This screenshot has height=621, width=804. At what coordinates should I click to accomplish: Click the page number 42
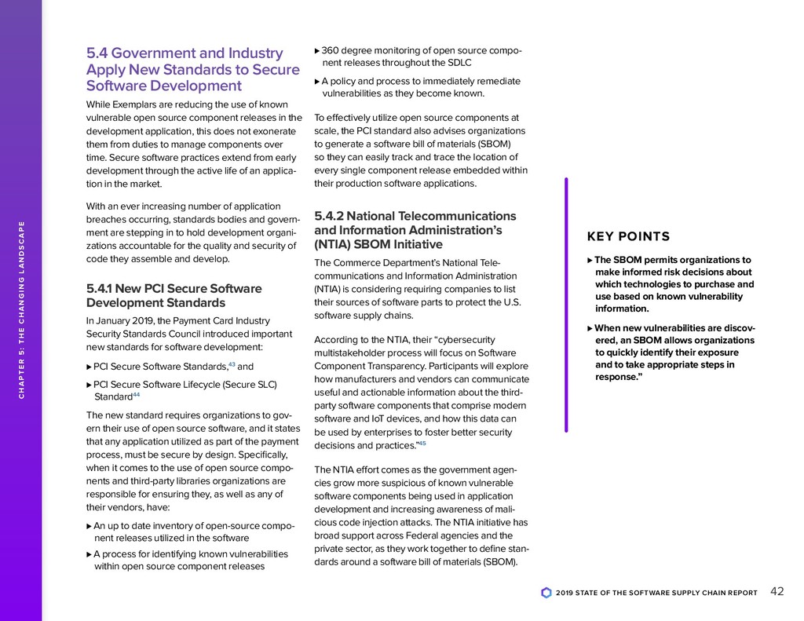pyautogui.click(x=777, y=592)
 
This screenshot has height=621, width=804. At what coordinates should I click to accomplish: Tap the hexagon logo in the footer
pyautogui.click(x=546, y=593)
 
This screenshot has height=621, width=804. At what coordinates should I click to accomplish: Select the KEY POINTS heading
pyautogui.click(x=628, y=237)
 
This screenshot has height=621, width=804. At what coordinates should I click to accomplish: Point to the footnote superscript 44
pyautogui.click(x=136, y=394)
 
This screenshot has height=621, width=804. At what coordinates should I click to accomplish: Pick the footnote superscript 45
pyautogui.click(x=421, y=444)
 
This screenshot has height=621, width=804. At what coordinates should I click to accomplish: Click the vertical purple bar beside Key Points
pyautogui.click(x=565, y=305)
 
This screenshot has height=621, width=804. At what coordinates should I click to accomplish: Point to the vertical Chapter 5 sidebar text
pyautogui.click(x=21, y=310)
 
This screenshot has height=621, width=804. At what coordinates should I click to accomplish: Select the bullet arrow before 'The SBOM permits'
pyautogui.click(x=590, y=261)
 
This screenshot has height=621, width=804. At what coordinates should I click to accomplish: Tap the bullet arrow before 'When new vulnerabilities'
pyautogui.click(x=590, y=328)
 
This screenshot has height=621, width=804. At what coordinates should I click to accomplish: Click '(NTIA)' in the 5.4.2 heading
pyautogui.click(x=333, y=245)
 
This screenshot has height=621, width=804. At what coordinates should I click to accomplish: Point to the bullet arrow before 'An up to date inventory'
pyautogui.click(x=88, y=526)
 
